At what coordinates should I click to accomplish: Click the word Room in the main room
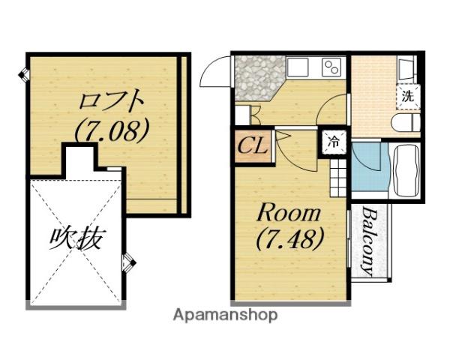289,213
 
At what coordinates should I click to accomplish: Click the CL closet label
253,145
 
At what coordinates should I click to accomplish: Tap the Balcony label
368,241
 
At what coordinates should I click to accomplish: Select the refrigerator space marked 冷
335,140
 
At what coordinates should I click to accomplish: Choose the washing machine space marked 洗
406,95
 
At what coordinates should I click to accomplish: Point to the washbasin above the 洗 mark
406,70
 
